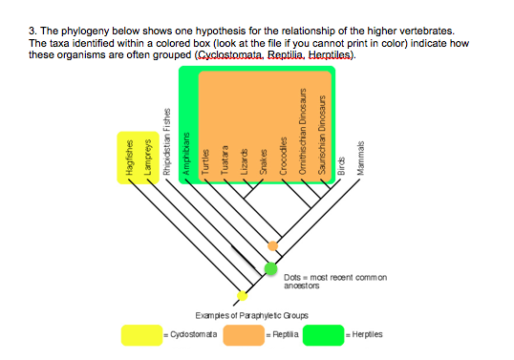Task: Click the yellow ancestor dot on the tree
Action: click(242, 295)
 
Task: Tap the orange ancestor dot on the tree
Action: click(273, 246)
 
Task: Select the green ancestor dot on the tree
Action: click(271, 268)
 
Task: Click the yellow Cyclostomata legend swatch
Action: click(141, 335)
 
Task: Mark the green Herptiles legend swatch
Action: click(323, 335)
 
